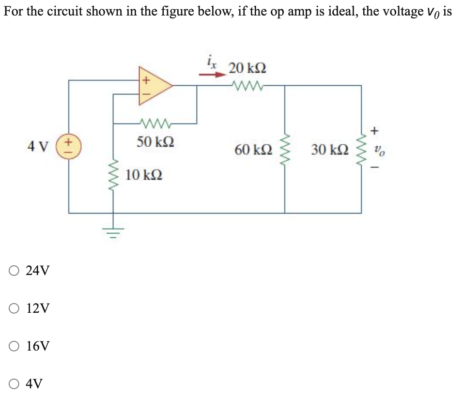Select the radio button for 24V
click(x=14, y=270)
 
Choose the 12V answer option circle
click(x=14, y=308)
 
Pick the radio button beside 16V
click(x=14, y=346)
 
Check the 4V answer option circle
click(x=14, y=384)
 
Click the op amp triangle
click(x=153, y=86)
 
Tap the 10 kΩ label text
click(x=144, y=174)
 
